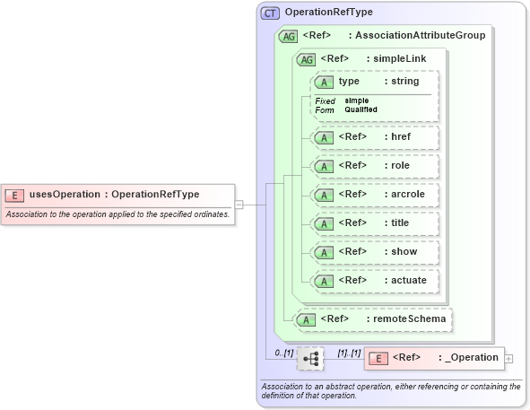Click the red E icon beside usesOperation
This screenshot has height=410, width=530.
click(x=15, y=195)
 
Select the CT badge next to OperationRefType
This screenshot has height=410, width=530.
click(x=270, y=13)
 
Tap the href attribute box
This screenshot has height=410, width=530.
click(x=374, y=137)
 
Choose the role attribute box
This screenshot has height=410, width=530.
click(x=374, y=166)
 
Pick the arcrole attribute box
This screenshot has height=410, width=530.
click(x=374, y=195)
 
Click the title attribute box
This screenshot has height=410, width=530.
click(x=374, y=223)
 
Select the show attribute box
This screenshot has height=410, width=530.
click(x=374, y=252)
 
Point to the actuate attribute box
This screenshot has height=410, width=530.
click(x=374, y=281)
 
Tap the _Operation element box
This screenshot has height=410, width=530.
click(x=433, y=358)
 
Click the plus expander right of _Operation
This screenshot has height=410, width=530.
click(x=509, y=359)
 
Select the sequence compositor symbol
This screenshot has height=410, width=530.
click(x=310, y=359)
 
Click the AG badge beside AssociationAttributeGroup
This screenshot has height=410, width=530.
click(x=289, y=36)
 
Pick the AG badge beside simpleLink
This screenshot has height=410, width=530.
click(x=307, y=58)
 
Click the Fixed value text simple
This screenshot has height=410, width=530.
click(x=356, y=100)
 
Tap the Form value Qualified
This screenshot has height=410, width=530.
click(x=361, y=109)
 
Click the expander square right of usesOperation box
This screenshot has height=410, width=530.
click(x=239, y=205)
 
